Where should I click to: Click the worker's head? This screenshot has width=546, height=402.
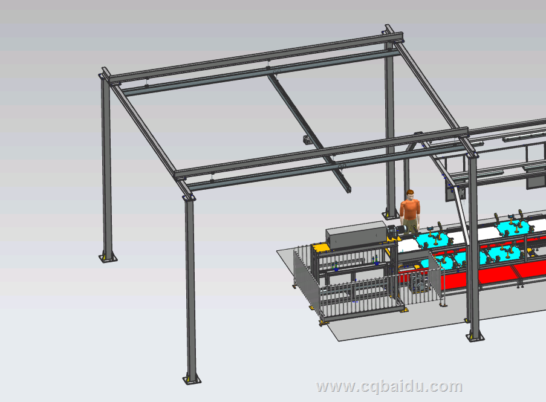point(410,195)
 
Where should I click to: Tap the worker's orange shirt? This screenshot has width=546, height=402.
point(410,209)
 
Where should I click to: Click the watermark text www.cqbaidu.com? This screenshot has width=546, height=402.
point(389,387)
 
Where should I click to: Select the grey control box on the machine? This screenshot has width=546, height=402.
point(356,235)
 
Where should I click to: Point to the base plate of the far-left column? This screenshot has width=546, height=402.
point(108,258)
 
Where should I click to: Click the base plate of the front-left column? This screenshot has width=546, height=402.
point(192,380)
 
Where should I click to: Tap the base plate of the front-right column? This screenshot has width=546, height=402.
point(475,337)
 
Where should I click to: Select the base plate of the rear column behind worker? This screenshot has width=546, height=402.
point(391,216)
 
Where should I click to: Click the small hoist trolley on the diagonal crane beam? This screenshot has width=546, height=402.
point(307,140)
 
